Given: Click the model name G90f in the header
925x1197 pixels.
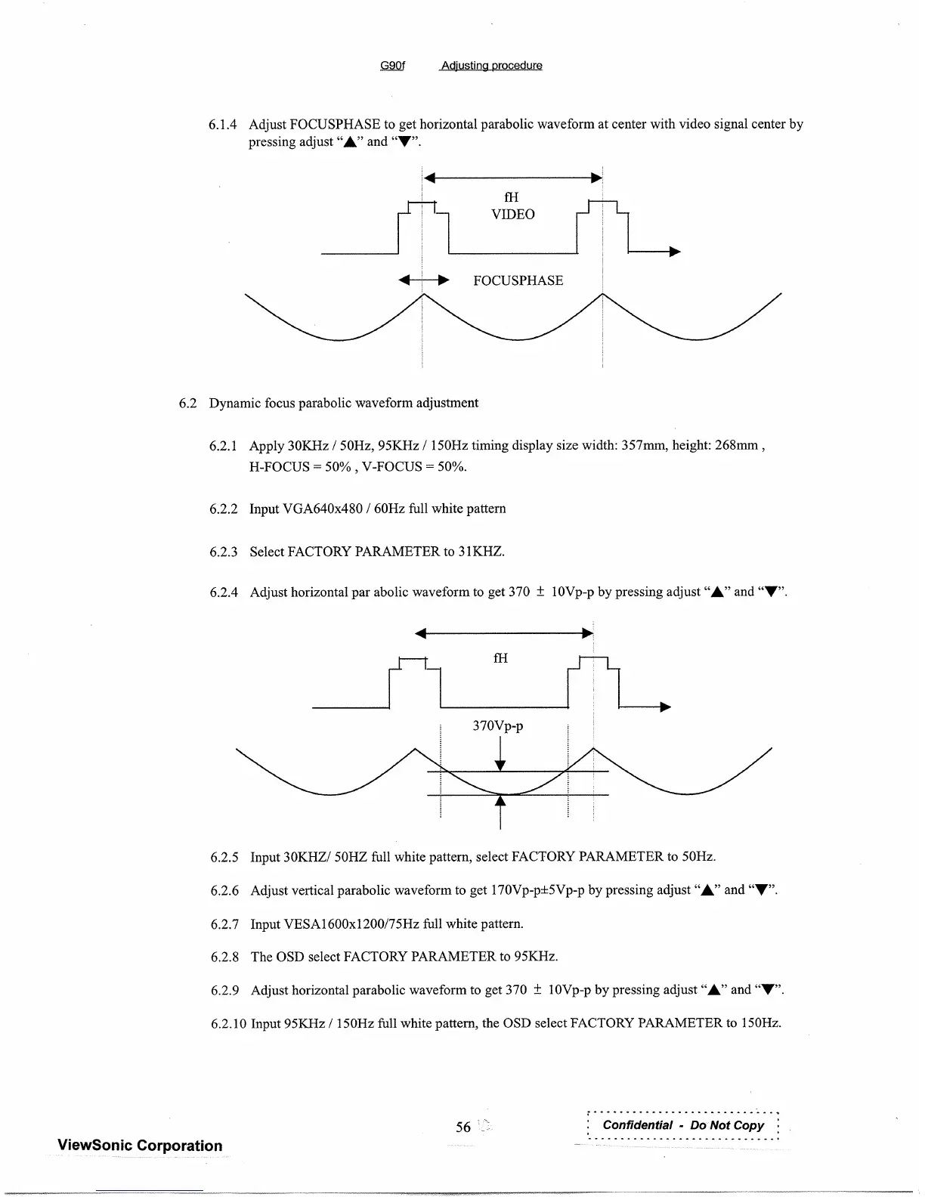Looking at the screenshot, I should pyautogui.click(x=392, y=65).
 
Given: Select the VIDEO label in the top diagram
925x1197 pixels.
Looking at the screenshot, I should pyautogui.click(x=512, y=215).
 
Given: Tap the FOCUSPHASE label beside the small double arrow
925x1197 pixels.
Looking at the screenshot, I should pyautogui.click(x=518, y=281).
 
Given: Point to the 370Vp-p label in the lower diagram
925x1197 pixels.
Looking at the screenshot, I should pyautogui.click(x=497, y=726).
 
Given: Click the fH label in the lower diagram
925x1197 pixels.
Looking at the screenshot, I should pyautogui.click(x=500, y=659).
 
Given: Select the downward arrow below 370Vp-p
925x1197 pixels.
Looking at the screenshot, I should pyautogui.click(x=500, y=758).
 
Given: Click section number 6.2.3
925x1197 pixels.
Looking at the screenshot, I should pyautogui.click(x=224, y=552).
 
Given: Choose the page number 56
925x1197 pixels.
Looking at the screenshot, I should pyautogui.click(x=463, y=1127).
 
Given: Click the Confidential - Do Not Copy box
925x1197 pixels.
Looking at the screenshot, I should pyautogui.click(x=683, y=1125).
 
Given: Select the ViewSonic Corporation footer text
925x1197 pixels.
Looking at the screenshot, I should pyautogui.click(x=140, y=1146).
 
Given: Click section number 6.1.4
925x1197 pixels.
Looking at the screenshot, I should pyautogui.click(x=223, y=124).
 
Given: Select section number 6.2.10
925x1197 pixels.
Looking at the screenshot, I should pyautogui.click(x=228, y=1024).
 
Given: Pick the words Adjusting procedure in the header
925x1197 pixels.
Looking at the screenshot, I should pyautogui.click(x=491, y=65).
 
